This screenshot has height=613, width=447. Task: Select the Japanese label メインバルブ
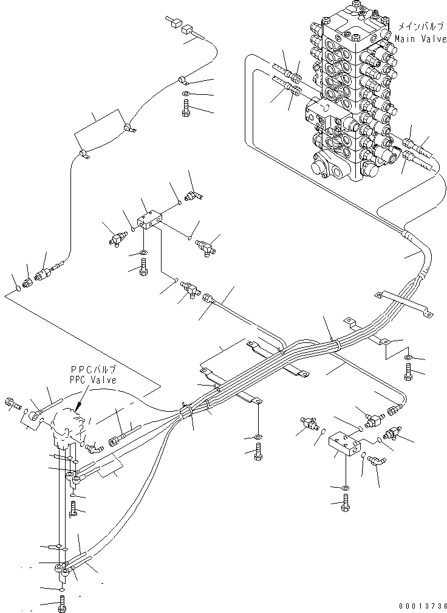(x=421, y=27)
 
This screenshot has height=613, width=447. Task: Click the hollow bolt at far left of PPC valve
(x=13, y=403)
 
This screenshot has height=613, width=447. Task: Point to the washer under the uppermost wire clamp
(x=185, y=94)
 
